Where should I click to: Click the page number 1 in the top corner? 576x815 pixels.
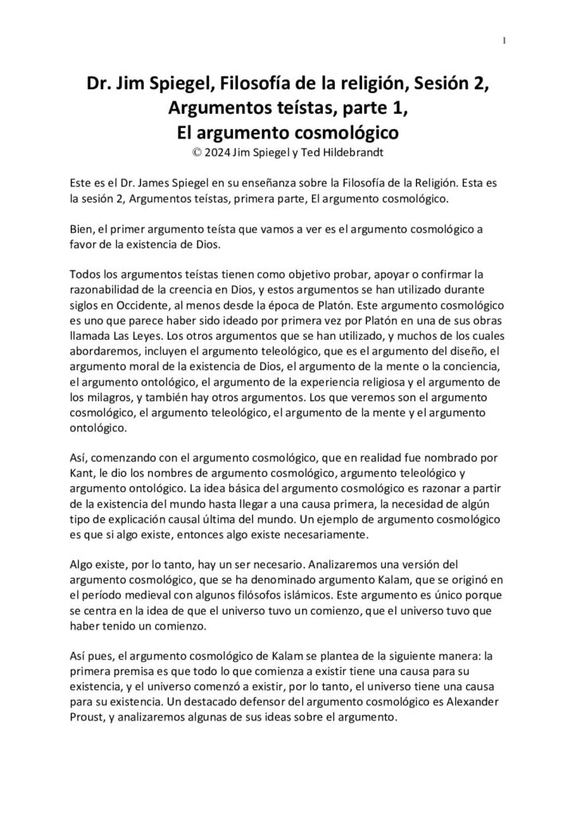tap(505, 41)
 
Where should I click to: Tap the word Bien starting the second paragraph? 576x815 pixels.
tap(82, 229)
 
